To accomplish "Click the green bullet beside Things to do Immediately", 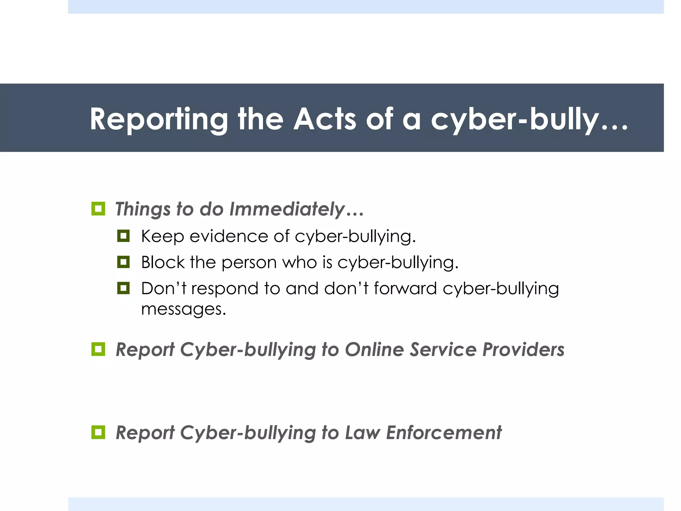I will coord(98,209).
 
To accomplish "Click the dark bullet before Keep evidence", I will coord(123,236).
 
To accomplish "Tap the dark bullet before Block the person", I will coord(123,262).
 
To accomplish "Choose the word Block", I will coord(163,262).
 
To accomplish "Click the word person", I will coord(249,263).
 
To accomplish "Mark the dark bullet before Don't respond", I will coord(123,288).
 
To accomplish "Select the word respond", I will coord(225,289).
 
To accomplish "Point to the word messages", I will coord(183,309).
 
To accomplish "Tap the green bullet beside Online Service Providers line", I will coord(98,349).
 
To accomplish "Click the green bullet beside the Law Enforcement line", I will coord(98,432).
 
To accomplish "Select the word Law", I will coord(362,432).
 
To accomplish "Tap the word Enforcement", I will coord(444,432).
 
